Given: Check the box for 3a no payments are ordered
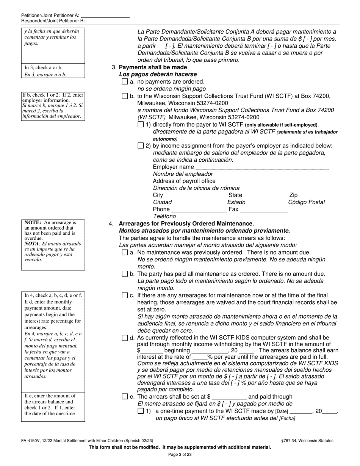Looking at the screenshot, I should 125,81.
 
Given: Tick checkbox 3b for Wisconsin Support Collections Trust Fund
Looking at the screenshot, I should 125,96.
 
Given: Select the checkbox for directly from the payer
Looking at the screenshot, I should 141,125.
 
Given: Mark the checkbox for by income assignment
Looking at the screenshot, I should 141,146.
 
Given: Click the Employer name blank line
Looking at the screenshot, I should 262,167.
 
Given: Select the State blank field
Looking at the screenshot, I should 266,195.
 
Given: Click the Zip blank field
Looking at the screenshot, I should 314,195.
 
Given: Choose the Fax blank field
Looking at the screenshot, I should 264,209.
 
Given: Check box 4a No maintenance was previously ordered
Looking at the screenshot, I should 125,253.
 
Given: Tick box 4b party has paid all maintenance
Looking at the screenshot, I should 125,274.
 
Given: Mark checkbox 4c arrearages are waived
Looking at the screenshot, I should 125,296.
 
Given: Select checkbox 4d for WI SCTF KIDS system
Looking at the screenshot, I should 125,338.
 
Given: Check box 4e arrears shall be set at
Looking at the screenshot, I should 125,397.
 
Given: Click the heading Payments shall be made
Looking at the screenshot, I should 153,67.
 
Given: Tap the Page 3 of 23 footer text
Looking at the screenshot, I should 180,455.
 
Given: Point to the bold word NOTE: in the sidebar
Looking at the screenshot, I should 33,223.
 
